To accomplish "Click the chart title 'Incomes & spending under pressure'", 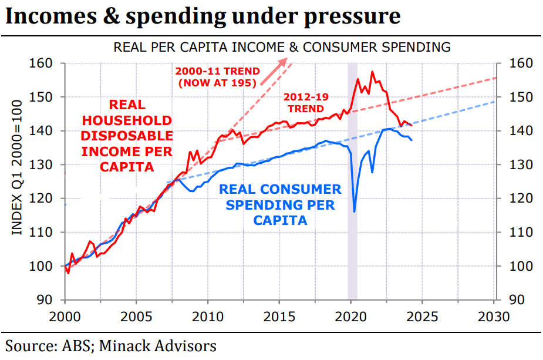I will point(203,16).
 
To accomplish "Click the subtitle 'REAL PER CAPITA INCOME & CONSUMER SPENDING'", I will point(282,47).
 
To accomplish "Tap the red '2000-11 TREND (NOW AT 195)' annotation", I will point(217,77).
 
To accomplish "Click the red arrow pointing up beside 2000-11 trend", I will point(275,68).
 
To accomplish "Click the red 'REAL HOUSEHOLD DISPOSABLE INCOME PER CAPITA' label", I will point(127,136).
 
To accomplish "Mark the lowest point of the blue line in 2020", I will point(355,211).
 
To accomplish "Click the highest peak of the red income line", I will point(372,72).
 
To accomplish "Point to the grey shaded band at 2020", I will point(352,176).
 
